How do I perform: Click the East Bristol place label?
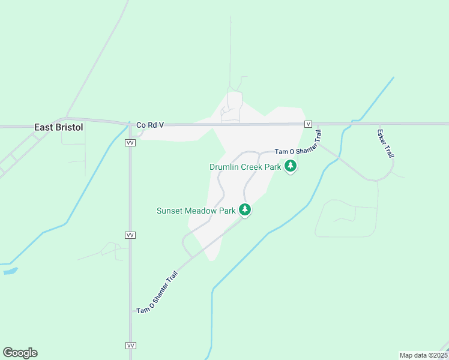pos(58,127)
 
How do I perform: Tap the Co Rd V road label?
pos(150,125)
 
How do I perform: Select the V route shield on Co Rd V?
pos(308,124)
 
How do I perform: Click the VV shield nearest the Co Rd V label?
pos(130,143)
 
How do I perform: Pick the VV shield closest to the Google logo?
pos(130,346)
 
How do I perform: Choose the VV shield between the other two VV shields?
pos(130,235)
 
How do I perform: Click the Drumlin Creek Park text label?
pos(245,167)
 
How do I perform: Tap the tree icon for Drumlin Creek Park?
pos(291,166)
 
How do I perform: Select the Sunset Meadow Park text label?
pos(196,211)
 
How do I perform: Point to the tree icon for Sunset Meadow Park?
pos(245,209)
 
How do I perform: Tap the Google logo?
pos(20,353)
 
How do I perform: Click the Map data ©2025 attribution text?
pos(423,355)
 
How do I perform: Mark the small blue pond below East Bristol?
pos(10,271)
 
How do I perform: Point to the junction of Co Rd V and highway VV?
pos(130,125)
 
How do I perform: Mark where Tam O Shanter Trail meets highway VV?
pos(131,311)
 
